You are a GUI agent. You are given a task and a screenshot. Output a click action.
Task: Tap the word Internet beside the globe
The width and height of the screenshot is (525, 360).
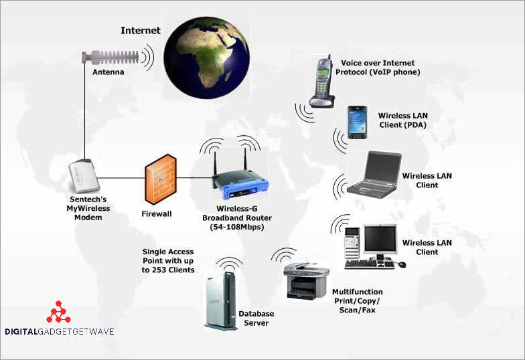click(140, 31)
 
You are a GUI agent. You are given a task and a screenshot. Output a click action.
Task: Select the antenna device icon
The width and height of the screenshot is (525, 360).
click(110, 58)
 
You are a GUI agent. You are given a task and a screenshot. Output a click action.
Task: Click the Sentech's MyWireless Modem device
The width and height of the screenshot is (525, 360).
click(84, 175)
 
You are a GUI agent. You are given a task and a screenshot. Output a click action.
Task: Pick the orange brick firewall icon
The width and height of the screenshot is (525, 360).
click(161, 179)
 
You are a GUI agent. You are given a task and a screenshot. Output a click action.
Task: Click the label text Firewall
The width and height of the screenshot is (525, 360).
click(157, 214)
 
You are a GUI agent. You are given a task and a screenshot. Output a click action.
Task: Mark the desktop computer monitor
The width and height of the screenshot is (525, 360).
click(380, 239)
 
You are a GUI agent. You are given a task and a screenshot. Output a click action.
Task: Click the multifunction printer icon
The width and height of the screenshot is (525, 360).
click(305, 281)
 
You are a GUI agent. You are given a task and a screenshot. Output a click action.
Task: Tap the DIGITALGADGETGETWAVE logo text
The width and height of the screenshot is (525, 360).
click(59, 331)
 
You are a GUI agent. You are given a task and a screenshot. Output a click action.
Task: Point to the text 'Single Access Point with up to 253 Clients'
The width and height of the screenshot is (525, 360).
click(168, 261)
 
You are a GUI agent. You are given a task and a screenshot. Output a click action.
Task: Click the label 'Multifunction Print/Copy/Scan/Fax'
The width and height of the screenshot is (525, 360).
click(358, 301)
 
